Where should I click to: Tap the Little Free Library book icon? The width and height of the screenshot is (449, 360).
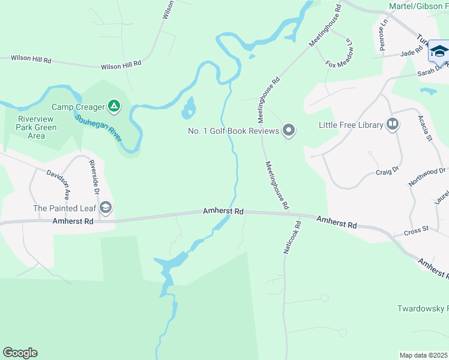(x=393, y=125)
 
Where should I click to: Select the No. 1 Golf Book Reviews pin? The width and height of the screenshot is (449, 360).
(x=289, y=130)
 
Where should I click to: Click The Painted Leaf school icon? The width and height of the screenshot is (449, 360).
(x=106, y=208)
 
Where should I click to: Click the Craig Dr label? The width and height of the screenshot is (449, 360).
(x=387, y=172)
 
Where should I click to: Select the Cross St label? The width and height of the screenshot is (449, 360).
(x=415, y=232)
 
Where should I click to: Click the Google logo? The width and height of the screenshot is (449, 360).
(x=20, y=353)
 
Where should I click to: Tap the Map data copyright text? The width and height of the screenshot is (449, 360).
(x=424, y=355)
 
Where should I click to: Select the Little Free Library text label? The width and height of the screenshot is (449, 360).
(x=351, y=125)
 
